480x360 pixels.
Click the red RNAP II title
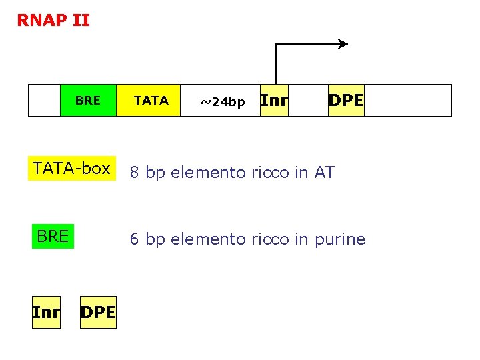[53, 21]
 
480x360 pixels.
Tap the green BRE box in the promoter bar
[88, 101]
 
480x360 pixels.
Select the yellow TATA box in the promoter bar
[149, 101]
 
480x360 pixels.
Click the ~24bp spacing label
[223, 102]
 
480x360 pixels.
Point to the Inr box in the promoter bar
[274, 101]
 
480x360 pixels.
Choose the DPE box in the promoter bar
[346, 101]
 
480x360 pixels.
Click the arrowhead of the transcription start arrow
[343, 45]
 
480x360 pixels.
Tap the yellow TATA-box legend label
[72, 169]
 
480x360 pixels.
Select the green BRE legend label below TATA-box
[53, 237]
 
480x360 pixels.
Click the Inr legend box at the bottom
[46, 312]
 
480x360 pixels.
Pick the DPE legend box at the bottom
[97, 312]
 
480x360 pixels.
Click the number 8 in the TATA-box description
[134, 173]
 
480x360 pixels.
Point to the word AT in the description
[324, 173]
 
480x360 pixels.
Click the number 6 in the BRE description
[134, 239]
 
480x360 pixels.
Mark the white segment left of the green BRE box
[44, 101]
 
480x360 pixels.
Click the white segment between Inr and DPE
[308, 101]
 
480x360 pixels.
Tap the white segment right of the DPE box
[407, 101]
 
